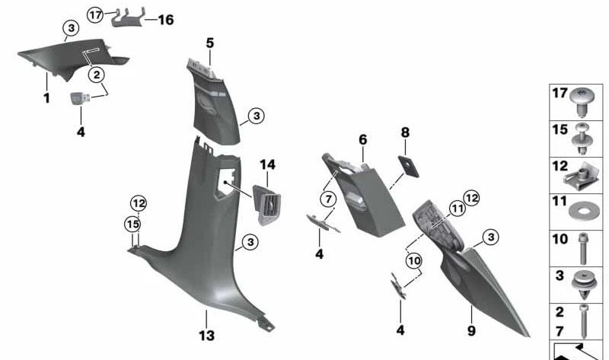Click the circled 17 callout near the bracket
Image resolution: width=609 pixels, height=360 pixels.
point(94,14)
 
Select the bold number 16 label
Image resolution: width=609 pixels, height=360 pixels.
point(165,20)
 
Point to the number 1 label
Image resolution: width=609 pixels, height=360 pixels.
point(46,98)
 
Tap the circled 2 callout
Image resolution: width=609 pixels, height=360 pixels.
point(97,74)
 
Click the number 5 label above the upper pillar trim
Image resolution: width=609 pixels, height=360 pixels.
point(210,43)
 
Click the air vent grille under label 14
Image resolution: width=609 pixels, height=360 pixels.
point(267,204)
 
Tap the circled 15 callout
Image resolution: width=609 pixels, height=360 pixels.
point(132,224)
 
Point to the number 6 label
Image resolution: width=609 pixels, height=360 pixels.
point(363,139)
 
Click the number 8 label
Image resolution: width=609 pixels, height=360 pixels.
point(405,132)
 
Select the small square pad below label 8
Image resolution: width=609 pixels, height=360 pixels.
point(408,167)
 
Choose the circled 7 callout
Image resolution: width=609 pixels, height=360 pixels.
point(329,199)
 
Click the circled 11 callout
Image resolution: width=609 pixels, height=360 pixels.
point(458,209)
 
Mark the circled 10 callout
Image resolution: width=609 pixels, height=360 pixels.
point(414,260)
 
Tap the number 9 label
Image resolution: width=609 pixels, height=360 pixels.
point(471,330)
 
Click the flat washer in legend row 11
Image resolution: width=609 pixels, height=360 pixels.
point(584,212)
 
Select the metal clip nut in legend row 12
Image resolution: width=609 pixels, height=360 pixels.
point(580,176)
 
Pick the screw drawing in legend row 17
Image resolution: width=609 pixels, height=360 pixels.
point(582,102)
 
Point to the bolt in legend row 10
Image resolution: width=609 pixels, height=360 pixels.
point(583,249)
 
